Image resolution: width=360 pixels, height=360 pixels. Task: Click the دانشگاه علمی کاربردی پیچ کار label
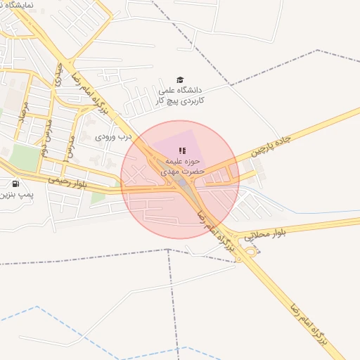point(179,96)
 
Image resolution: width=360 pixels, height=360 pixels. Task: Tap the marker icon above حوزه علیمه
point(182,150)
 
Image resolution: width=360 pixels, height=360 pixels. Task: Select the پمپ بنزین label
point(13,192)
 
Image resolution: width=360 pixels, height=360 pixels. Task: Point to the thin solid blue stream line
point(309,210)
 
